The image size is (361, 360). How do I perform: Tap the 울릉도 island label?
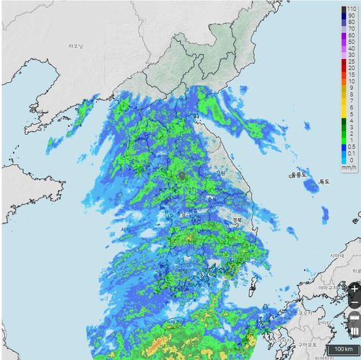tap(298, 175)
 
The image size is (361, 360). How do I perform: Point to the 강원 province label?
tap(219, 173)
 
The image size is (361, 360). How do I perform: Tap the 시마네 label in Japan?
tap(336, 256)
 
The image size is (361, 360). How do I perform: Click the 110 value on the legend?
tap(351, 9)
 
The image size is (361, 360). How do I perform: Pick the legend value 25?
tap(351, 61)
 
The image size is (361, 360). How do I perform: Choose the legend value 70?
tap(351, 28)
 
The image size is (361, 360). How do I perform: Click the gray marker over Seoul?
tap(183, 175)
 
